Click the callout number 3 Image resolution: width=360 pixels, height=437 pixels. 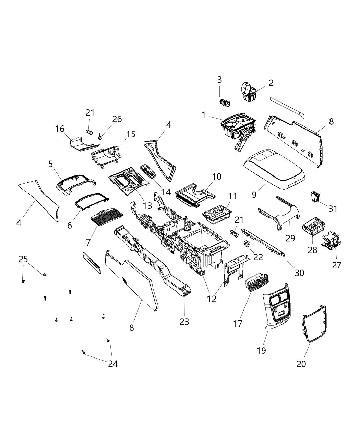coord(219,80)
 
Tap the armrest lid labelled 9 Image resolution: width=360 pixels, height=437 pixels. coord(274,170)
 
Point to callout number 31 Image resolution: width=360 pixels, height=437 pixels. coord(333,208)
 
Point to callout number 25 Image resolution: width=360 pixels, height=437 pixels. coord(23,259)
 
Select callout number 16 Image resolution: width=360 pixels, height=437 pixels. coord(60,129)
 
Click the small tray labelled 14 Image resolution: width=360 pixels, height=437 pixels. coord(148,171)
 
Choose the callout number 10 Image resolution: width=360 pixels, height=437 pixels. coord(217,177)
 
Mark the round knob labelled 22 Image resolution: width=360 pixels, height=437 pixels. coord(246,244)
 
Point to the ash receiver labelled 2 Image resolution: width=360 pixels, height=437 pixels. coord(249,93)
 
